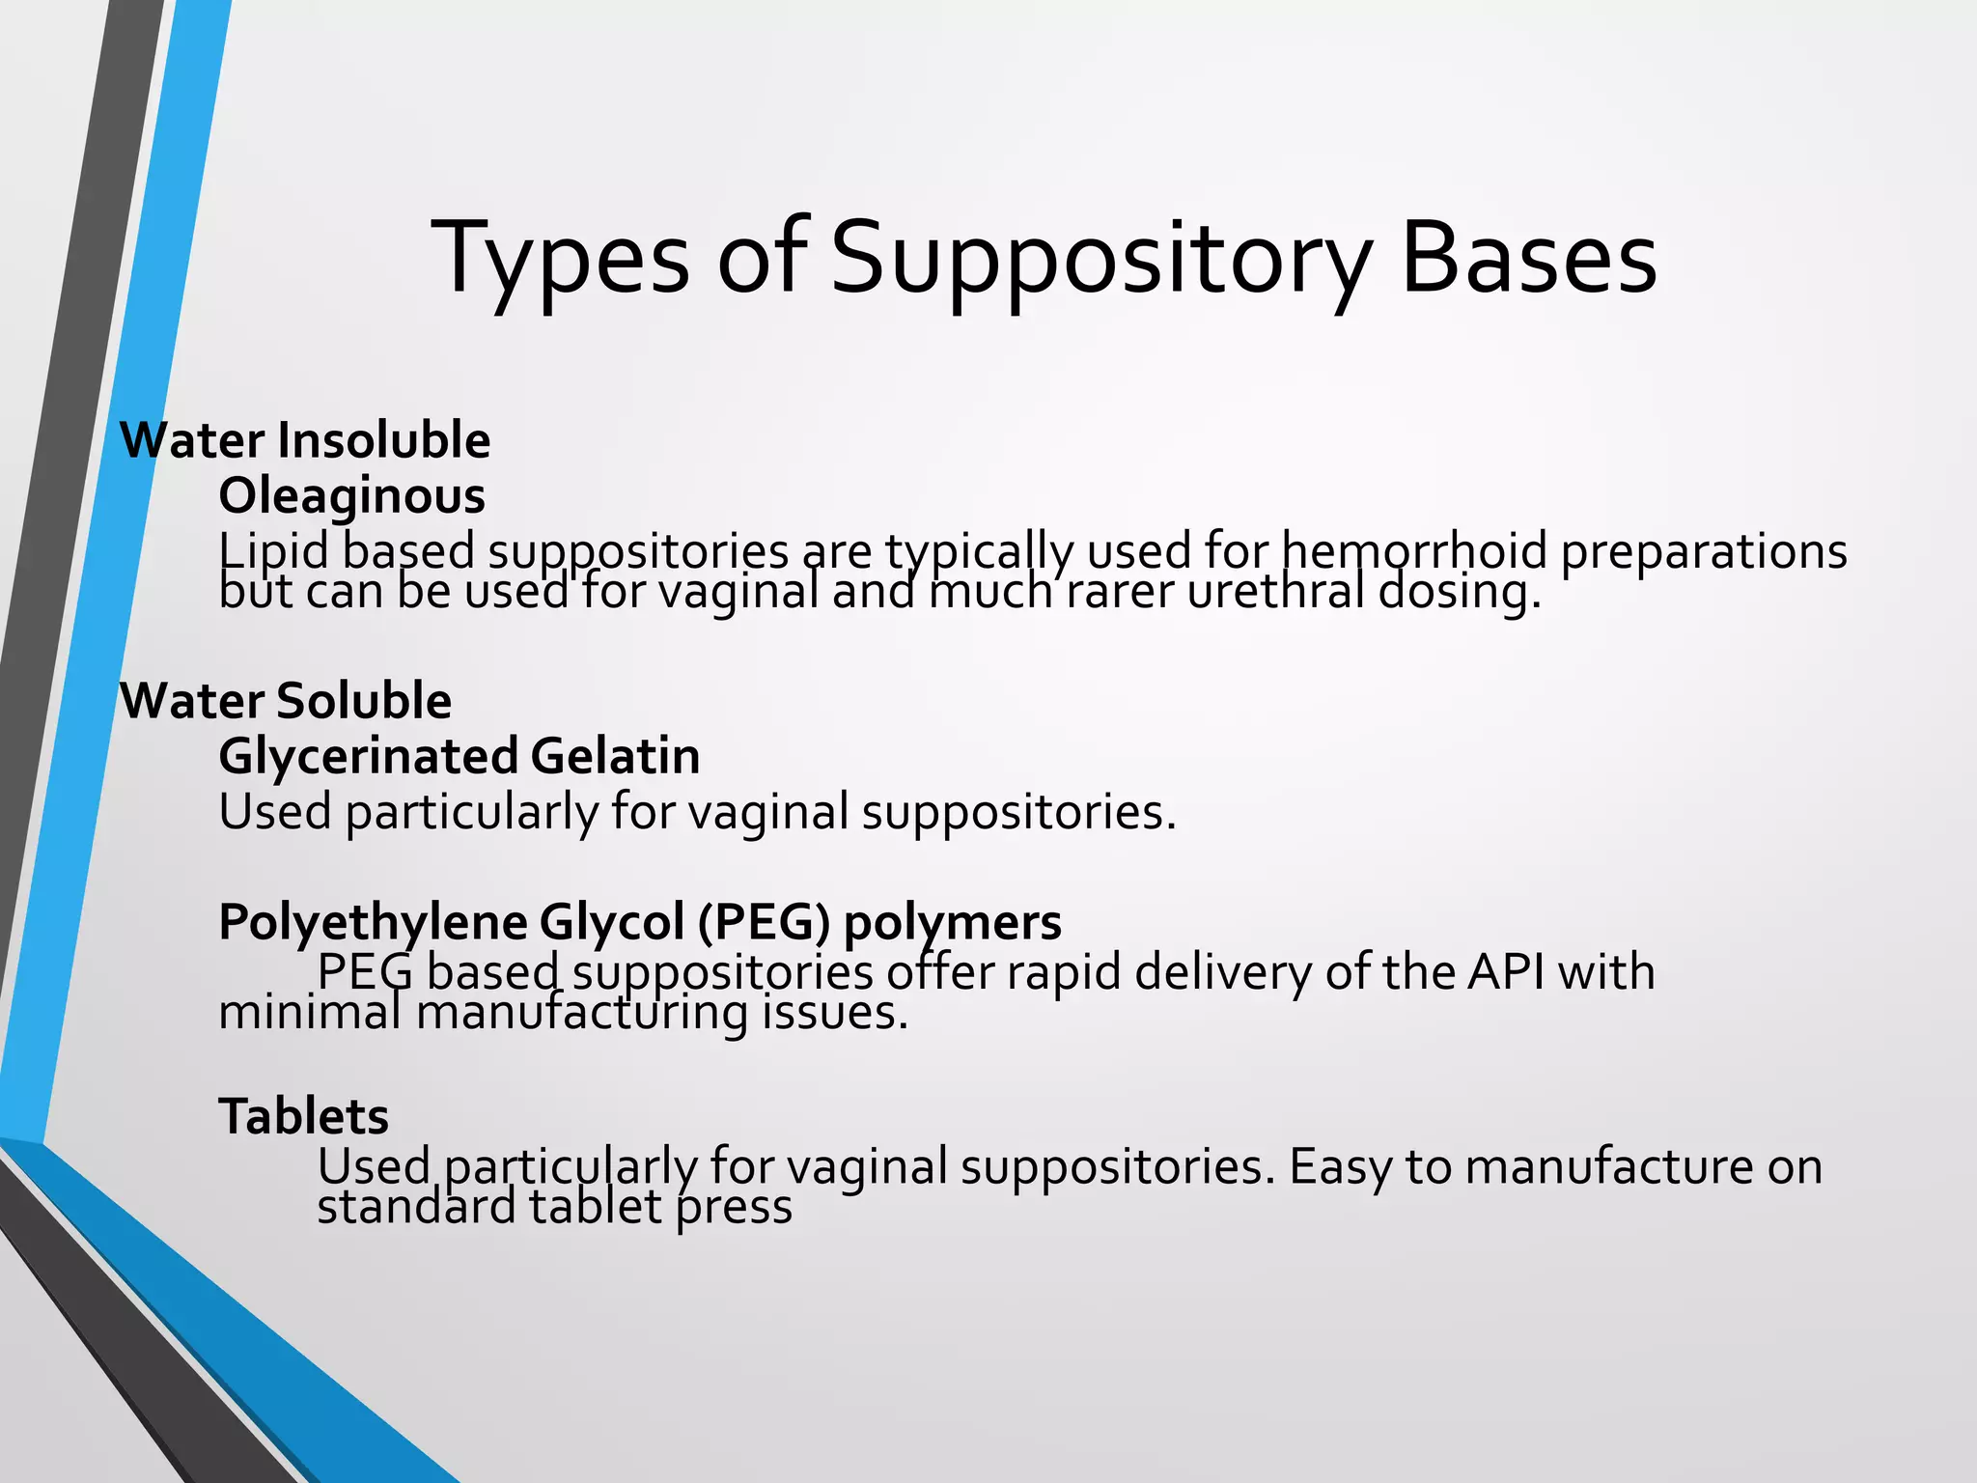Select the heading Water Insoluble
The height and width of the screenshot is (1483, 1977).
coord(305,440)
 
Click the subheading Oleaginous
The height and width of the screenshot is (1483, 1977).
coord(351,496)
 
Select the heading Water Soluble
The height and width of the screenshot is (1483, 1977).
coord(286,700)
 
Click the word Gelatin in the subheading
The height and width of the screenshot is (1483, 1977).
coord(615,756)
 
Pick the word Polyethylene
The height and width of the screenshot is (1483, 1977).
coord(372,922)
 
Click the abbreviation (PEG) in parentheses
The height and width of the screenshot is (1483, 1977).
coord(764,922)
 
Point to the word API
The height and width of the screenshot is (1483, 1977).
coord(1506,971)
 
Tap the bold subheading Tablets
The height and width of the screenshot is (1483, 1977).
coord(303,1117)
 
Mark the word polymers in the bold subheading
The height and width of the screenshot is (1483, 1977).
coord(952,922)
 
